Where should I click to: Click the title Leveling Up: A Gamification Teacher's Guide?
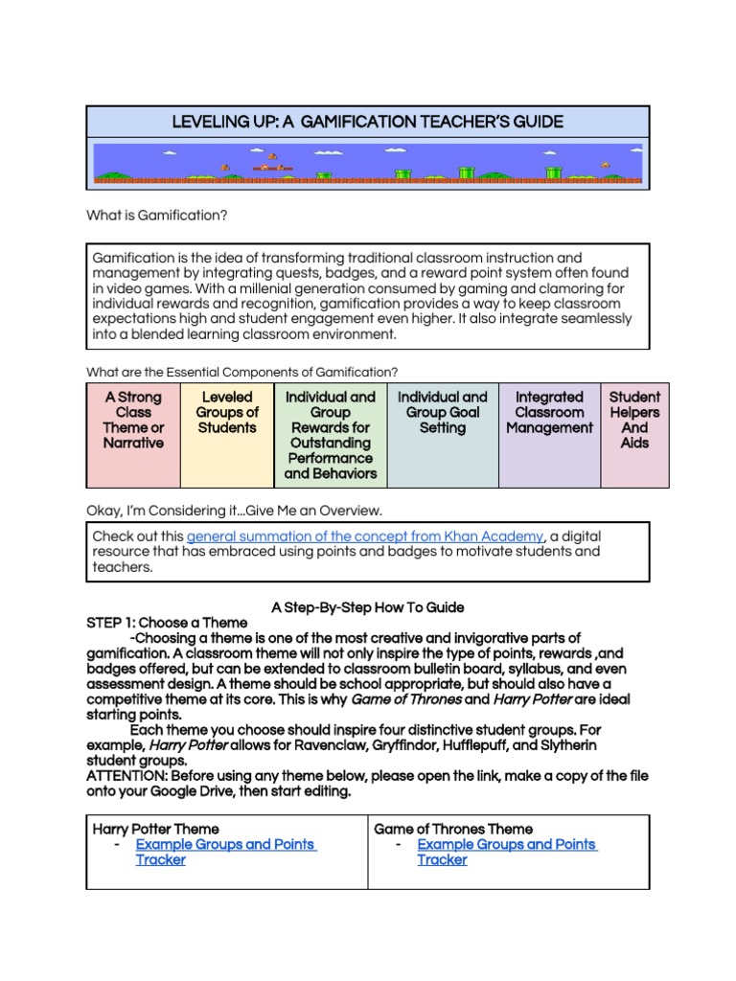tap(367, 122)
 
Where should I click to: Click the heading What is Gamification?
tap(157, 216)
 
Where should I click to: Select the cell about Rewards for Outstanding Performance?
tap(331, 435)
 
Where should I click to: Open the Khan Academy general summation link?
tap(365, 536)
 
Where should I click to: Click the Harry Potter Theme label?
tap(155, 829)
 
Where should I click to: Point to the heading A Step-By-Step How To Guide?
tap(367, 607)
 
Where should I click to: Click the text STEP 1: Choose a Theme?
tap(167, 623)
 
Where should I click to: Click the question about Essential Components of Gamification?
tap(242, 372)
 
